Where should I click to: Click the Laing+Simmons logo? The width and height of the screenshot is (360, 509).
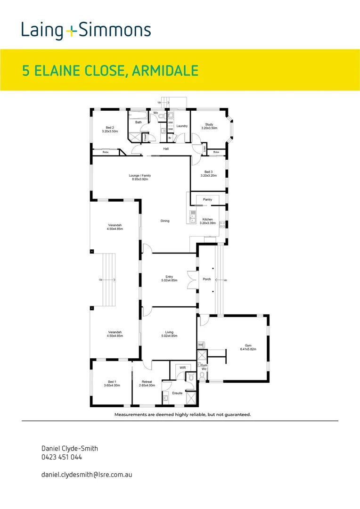[86, 31]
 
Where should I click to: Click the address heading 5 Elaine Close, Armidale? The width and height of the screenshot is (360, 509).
[110, 71]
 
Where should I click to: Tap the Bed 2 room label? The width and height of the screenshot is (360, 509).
[110, 130]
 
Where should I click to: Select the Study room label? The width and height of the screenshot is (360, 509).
[209, 126]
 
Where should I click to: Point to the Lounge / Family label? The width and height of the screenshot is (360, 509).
[139, 177]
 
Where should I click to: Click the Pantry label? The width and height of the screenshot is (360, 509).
[208, 199]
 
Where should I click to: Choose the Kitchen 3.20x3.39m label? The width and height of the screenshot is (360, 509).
[208, 221]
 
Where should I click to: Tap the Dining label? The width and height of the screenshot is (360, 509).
[164, 221]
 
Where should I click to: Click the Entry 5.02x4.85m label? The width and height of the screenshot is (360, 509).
[169, 279]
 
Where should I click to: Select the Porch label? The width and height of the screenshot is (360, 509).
[207, 279]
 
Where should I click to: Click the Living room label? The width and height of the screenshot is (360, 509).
[169, 334]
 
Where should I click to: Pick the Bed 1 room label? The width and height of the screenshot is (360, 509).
[112, 383]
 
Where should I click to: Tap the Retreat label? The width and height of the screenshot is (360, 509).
[147, 383]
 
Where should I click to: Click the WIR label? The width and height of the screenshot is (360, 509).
[182, 368]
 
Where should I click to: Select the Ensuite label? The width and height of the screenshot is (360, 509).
[177, 393]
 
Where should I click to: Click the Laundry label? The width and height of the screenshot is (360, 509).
[182, 126]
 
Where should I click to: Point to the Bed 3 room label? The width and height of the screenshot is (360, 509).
[209, 173]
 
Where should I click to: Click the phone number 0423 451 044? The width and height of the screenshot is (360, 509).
[62, 457]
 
